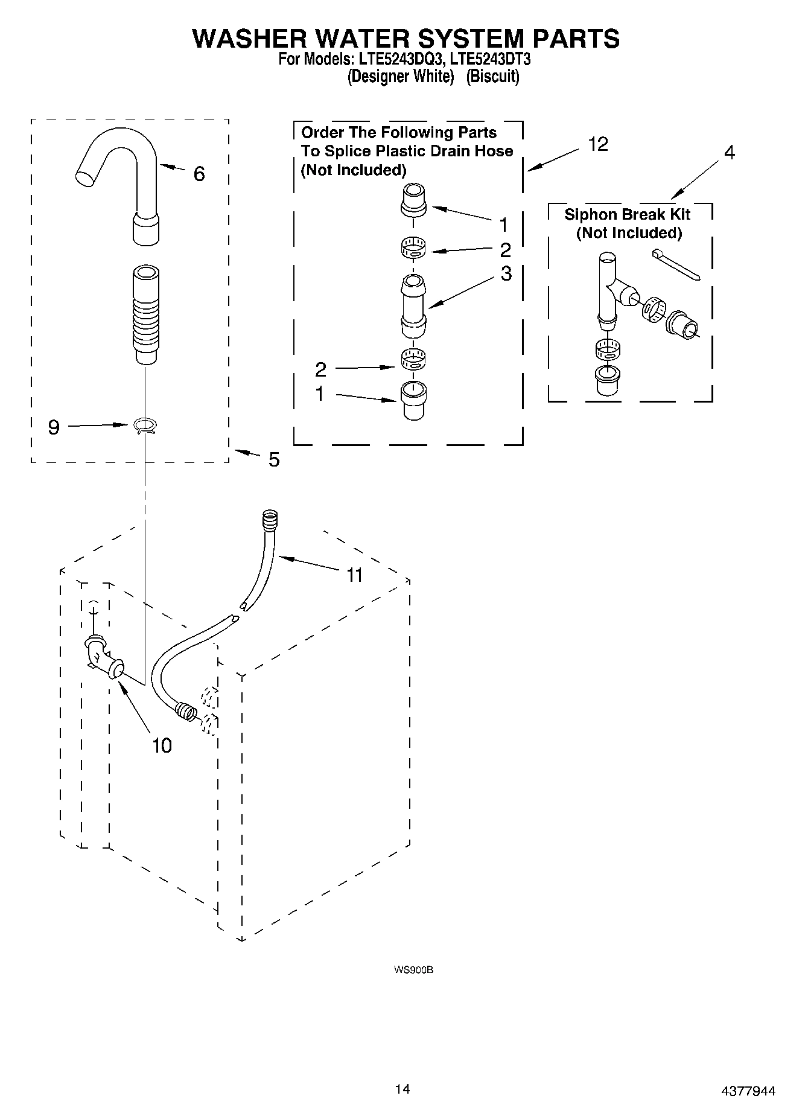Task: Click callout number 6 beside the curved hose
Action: (199, 174)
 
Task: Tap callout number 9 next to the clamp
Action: (54, 427)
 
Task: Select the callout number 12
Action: (597, 144)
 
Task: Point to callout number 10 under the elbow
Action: (162, 746)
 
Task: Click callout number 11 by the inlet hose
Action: (354, 575)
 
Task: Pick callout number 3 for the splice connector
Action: (506, 273)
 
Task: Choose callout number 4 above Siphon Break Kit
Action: (730, 153)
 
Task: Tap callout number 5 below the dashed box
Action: (274, 460)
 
